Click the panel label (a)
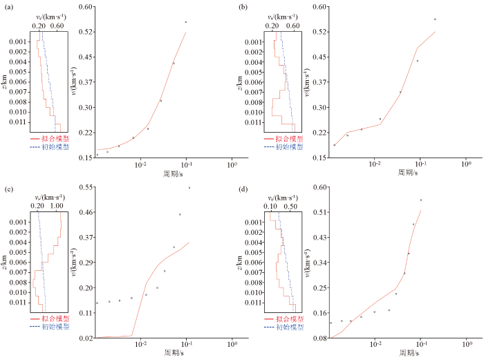[x=9, y=6]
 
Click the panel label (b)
[x=243, y=6]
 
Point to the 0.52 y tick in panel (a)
[x=85, y=32]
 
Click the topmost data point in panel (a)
[x=185, y=22]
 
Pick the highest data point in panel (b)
[x=435, y=19]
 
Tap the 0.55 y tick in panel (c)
[x=85, y=187]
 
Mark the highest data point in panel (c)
[x=189, y=187]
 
